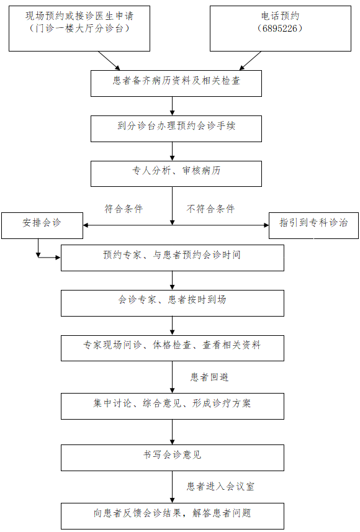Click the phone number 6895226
point(280,29)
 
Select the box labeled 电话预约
point(281,29)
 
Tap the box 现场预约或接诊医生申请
point(79,29)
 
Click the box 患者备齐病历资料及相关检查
point(176,83)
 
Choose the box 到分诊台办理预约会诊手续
point(176,128)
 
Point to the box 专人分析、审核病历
point(176,174)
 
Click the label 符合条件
point(124,209)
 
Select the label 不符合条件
point(210,209)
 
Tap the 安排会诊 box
point(42,225)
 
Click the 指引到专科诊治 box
point(313,225)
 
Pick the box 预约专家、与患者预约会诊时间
point(173,258)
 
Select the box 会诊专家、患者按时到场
point(173,303)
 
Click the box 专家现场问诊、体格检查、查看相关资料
point(173,348)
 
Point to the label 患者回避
point(209,377)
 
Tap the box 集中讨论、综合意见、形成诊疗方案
point(173,406)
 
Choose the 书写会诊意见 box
point(173,458)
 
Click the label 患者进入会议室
point(220,487)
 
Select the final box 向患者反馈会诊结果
point(173,516)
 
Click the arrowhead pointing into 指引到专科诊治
point(266,225)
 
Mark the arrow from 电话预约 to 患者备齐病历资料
point(250,61)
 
